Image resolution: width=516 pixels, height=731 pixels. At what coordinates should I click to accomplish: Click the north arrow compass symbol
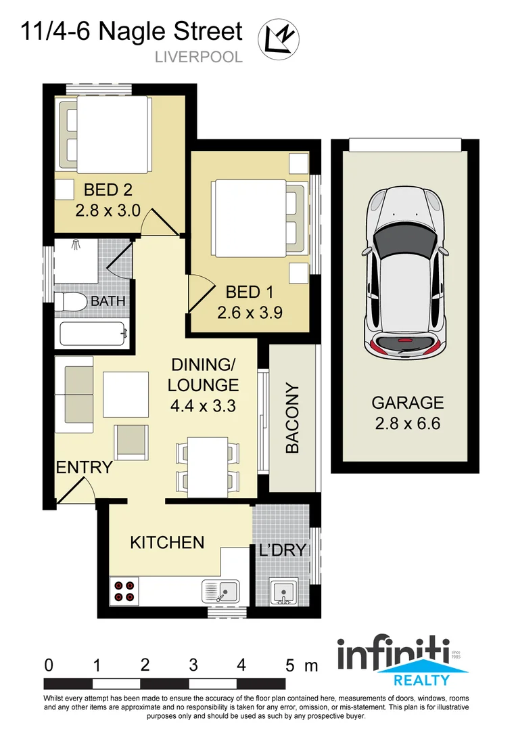[x=279, y=37]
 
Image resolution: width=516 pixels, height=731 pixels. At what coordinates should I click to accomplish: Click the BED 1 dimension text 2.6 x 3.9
[x=250, y=313]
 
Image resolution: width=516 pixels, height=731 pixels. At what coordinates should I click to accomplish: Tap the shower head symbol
[x=75, y=246]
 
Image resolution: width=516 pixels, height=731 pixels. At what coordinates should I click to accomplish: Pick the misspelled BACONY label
[x=293, y=419]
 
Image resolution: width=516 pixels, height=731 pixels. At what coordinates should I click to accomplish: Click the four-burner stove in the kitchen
[x=124, y=591]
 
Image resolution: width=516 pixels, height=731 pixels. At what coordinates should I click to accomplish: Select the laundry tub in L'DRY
[x=283, y=592]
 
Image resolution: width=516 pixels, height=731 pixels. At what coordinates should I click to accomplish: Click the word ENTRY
[x=84, y=467]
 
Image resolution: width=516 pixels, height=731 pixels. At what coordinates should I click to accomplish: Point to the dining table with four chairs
[x=207, y=466]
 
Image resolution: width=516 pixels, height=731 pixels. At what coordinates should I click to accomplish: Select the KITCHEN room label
[x=167, y=542]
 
